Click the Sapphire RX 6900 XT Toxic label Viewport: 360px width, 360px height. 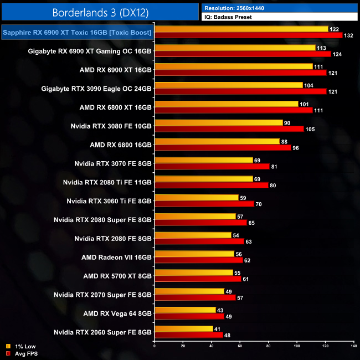(77, 33)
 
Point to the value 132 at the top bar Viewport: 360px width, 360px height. (348, 35)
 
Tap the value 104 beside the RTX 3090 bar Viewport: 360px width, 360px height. (308, 85)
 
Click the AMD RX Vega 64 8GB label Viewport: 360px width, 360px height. (116, 313)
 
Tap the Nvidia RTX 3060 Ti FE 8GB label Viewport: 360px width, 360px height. (109, 200)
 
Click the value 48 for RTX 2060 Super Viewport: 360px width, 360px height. (228, 336)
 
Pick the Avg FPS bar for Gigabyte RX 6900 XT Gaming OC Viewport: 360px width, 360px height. (243, 54)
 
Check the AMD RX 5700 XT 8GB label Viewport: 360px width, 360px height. (117, 276)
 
